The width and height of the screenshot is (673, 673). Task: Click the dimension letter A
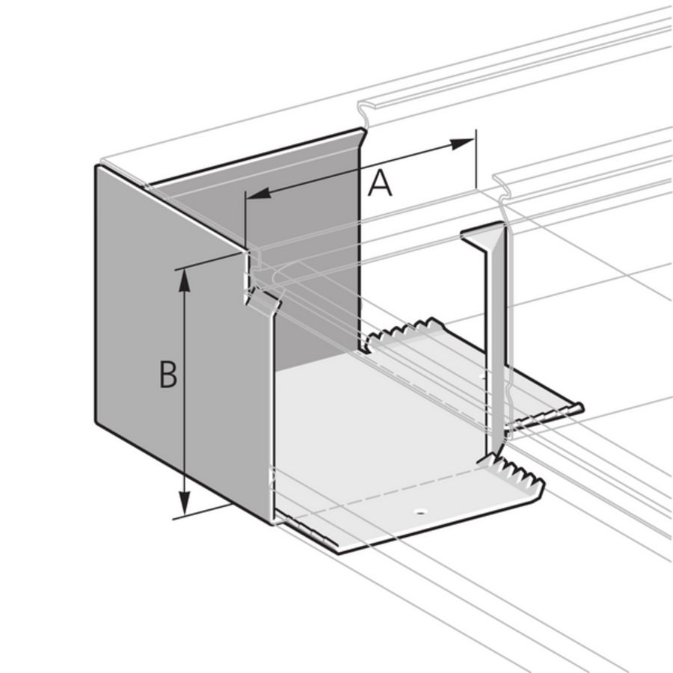[380, 183]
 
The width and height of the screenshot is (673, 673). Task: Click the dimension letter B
[168, 375]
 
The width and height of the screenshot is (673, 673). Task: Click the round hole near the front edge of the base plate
[420, 511]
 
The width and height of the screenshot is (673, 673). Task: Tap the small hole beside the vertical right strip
[482, 377]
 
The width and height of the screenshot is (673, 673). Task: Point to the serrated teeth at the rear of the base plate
[404, 330]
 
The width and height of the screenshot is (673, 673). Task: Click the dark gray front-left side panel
[182, 343]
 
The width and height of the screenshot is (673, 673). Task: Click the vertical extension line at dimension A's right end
[476, 159]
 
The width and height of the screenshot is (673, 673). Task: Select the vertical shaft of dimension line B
[185, 392]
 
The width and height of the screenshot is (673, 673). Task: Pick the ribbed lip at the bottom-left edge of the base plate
[307, 532]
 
